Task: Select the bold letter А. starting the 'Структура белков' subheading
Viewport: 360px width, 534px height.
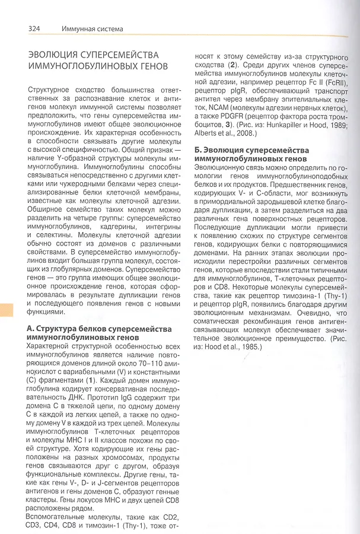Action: point(32,328)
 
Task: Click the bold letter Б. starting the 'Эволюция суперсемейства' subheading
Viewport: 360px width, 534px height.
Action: point(199,150)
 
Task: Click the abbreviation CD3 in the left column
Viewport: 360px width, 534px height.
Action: point(36,526)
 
